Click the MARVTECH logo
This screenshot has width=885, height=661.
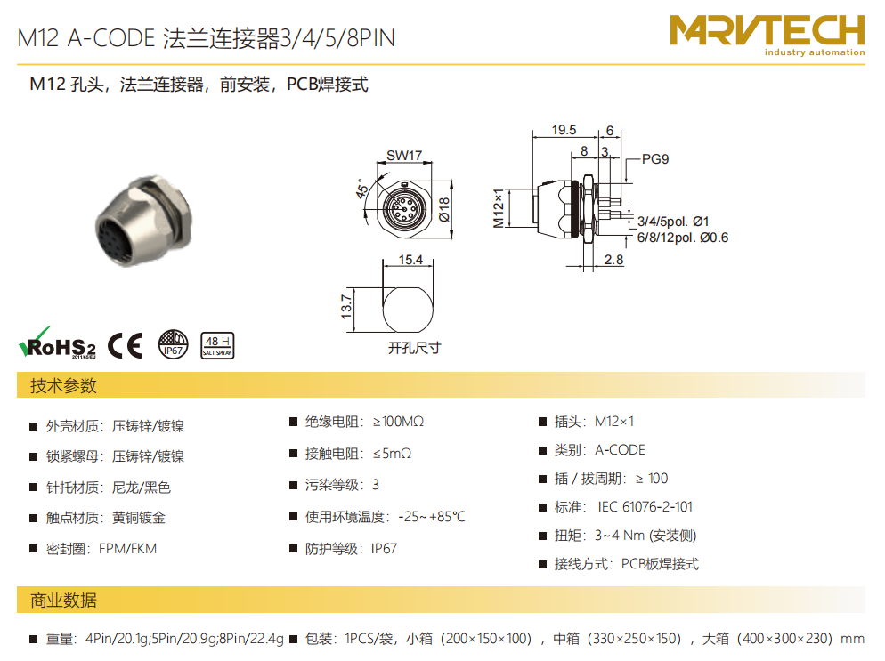coord(767,36)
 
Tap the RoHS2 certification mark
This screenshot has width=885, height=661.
coord(57,343)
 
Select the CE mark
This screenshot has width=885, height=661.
coord(125,345)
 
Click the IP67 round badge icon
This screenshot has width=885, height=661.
coord(173,344)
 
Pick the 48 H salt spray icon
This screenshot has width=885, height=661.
coord(217,345)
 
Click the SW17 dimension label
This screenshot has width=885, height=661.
coord(404,155)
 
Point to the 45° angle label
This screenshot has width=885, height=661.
coord(361,189)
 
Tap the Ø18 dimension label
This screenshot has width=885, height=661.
coord(445,209)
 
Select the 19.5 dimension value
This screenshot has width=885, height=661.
coord(564,130)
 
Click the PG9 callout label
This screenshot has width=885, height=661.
coord(655,159)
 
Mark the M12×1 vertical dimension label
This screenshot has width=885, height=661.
coord(499,208)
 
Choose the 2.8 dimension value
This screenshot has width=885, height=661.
coord(613,260)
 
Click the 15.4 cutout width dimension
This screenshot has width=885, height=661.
coord(410,260)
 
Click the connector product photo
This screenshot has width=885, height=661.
coord(144,222)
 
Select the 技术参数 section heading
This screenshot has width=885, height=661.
coord(63,386)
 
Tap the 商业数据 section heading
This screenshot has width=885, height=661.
coord(63,601)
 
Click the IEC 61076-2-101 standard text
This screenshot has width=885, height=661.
coord(645,507)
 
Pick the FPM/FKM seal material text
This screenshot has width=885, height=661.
coord(127,549)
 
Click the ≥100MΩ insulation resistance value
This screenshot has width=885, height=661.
coord(399,422)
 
